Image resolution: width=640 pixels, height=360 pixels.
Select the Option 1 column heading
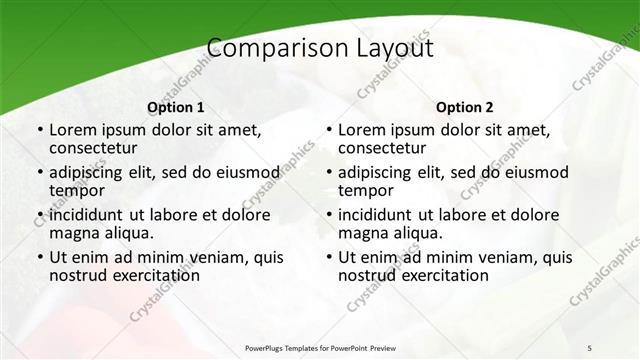point(175,107)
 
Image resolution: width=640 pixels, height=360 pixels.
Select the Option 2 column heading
point(465,107)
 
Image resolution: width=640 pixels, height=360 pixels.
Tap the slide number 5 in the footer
point(590,347)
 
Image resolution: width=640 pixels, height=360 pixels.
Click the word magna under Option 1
point(73,234)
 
